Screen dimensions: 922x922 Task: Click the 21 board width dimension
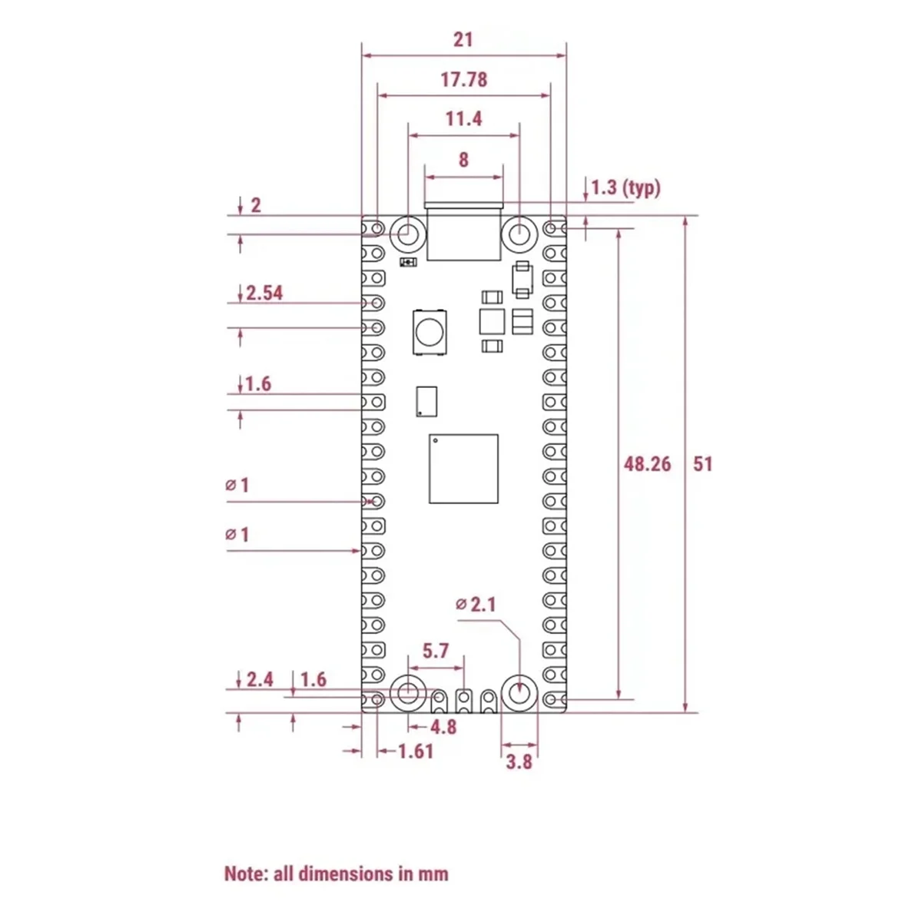(x=463, y=40)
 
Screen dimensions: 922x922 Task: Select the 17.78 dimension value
(x=463, y=80)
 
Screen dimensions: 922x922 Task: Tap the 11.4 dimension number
(x=463, y=119)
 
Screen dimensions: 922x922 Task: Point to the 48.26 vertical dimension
(x=647, y=464)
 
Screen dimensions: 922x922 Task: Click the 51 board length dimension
(x=702, y=464)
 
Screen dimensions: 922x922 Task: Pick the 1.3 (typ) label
(x=626, y=188)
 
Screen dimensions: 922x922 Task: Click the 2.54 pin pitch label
(x=264, y=293)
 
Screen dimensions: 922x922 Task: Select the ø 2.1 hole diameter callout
(x=476, y=605)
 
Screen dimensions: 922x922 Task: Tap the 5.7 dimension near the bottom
(x=436, y=651)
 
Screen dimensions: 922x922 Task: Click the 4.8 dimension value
(x=443, y=728)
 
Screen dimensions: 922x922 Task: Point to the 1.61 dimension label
(x=416, y=751)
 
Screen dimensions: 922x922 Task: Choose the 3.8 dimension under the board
(x=519, y=762)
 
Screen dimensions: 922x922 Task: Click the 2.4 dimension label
(x=260, y=679)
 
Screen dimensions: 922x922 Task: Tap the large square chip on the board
(x=463, y=469)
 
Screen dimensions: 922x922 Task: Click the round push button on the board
(x=429, y=333)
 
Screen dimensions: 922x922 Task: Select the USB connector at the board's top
(x=463, y=231)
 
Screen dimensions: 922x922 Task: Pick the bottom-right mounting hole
(x=519, y=693)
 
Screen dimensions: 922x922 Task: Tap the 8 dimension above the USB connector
(x=463, y=161)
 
